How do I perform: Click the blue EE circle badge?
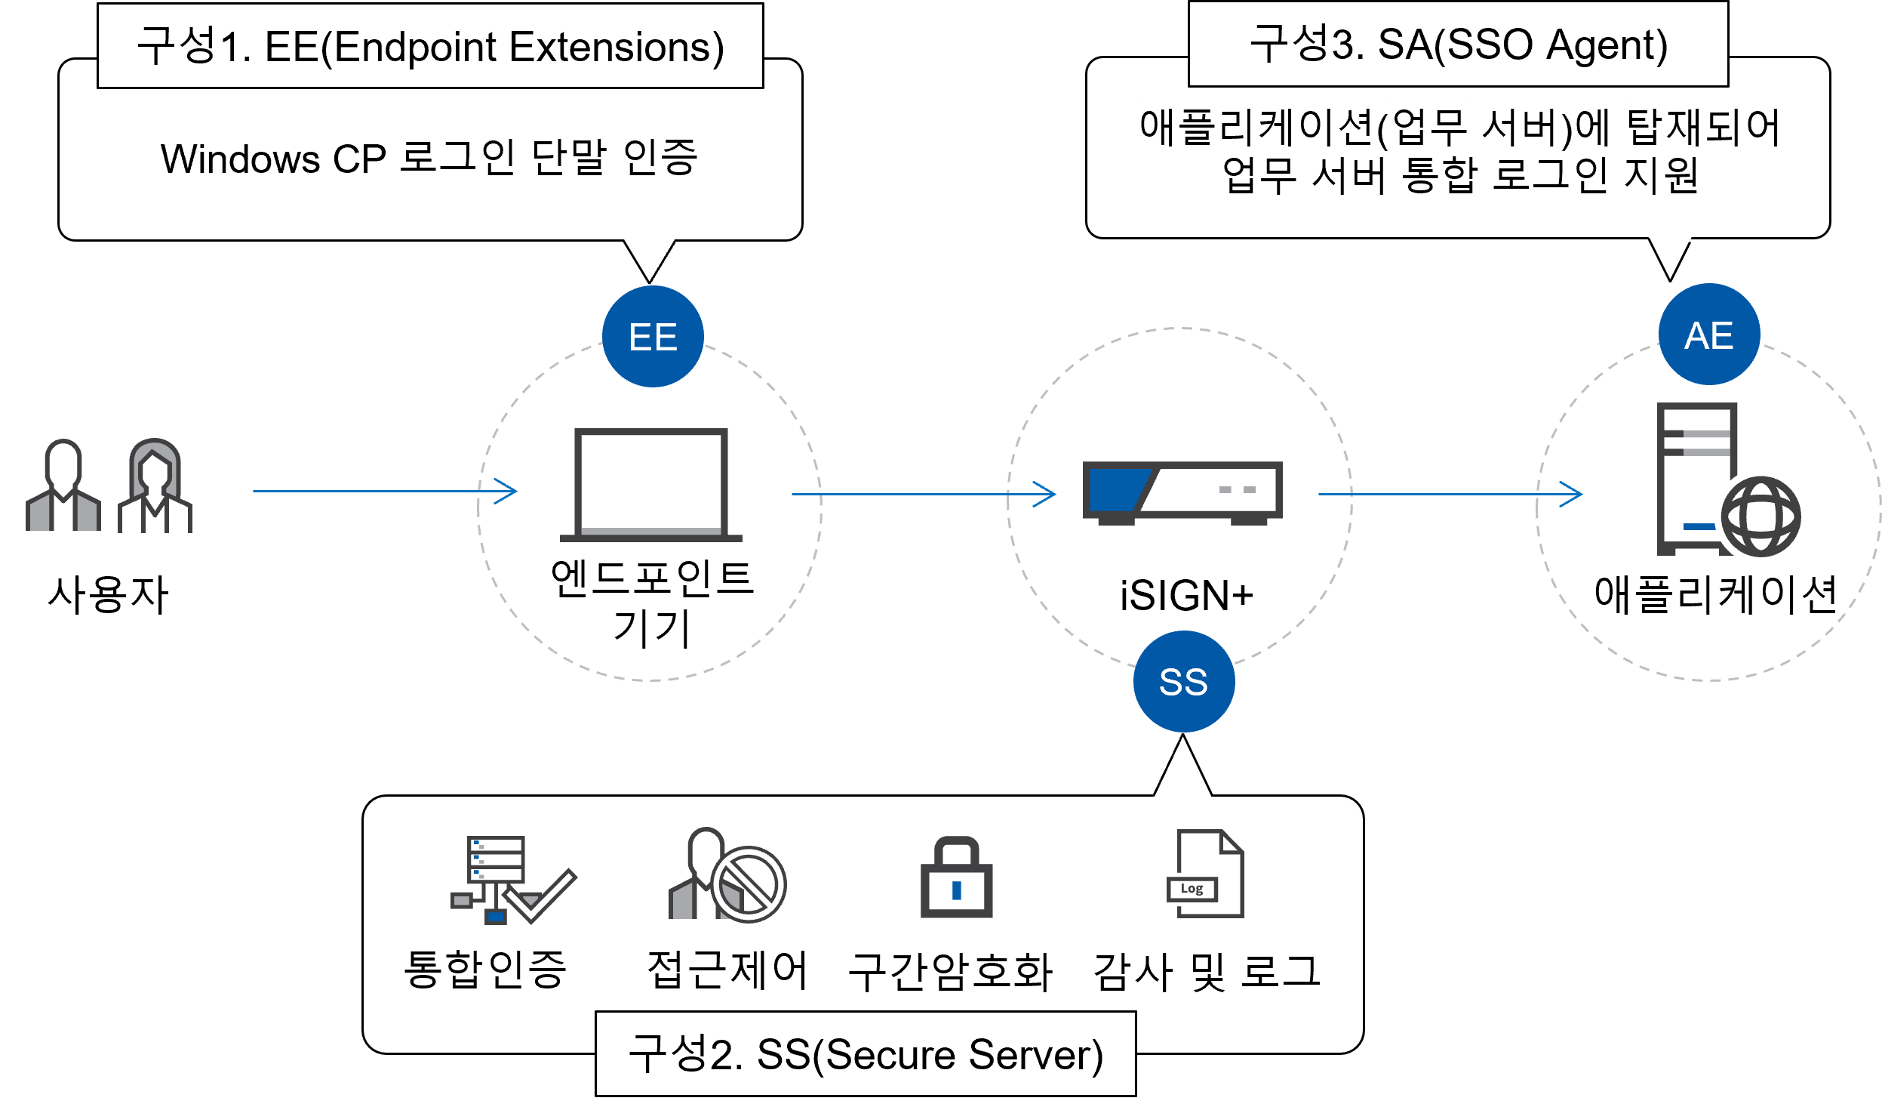653,337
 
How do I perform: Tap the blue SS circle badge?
1183,682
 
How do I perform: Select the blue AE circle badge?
1709,335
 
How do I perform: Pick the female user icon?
155,486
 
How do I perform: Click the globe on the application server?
1761,517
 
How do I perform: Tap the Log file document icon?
1204,874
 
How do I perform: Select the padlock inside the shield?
956,877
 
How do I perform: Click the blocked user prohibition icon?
747,884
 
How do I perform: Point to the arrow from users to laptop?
385,492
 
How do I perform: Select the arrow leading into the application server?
1450,495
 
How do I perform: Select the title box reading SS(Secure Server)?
866,1054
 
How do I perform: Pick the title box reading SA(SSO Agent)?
1458,44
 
